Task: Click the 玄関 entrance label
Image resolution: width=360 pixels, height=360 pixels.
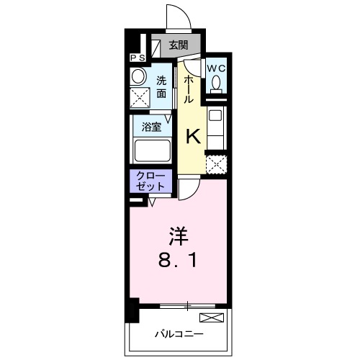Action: point(178,45)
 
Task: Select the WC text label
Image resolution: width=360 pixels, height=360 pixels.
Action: point(217,68)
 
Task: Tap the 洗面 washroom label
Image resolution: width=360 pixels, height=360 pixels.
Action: point(161,87)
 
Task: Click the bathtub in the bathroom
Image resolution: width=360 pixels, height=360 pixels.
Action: point(151,150)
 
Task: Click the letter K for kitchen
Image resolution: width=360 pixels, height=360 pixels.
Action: point(193,136)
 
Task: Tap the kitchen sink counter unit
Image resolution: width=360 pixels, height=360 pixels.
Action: point(216,126)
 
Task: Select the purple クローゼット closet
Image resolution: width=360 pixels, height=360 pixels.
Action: point(150,181)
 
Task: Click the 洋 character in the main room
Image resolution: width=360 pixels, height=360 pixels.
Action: point(179,235)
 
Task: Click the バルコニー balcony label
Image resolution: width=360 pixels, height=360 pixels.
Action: point(178,334)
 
